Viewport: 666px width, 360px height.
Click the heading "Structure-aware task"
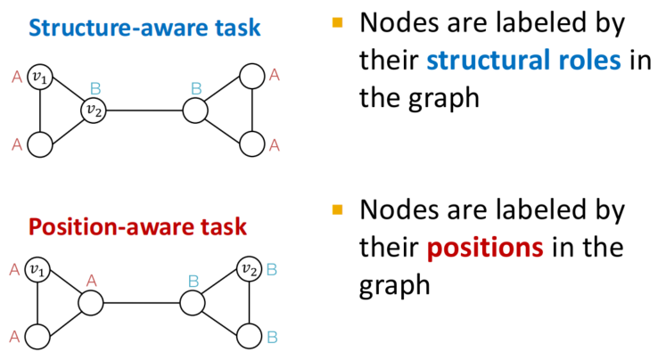[144, 28]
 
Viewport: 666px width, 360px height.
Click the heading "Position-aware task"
[137, 226]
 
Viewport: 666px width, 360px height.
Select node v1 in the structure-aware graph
[40, 77]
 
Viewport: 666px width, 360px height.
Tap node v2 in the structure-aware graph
[94, 110]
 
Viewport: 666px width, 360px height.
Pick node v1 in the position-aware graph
[37, 269]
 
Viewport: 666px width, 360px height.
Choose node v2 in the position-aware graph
[249, 269]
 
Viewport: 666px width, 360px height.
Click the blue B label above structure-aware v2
[95, 89]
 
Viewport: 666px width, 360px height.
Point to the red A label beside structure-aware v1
[17, 78]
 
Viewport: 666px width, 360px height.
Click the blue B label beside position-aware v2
[272, 270]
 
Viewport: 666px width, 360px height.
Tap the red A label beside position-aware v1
[14, 270]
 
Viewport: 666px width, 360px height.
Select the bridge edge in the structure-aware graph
[144, 110]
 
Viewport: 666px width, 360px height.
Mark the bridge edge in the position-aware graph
[142, 303]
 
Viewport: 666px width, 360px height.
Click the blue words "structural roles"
[523, 60]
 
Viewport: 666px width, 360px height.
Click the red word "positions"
[485, 248]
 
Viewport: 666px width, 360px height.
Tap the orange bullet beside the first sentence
[337, 22]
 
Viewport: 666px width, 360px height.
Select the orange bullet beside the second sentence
[337, 209]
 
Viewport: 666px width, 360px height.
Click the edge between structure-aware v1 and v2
[67, 94]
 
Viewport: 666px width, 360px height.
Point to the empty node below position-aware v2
[249, 336]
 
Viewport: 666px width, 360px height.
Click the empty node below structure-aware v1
[40, 144]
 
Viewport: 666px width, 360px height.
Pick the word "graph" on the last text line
[395, 285]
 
